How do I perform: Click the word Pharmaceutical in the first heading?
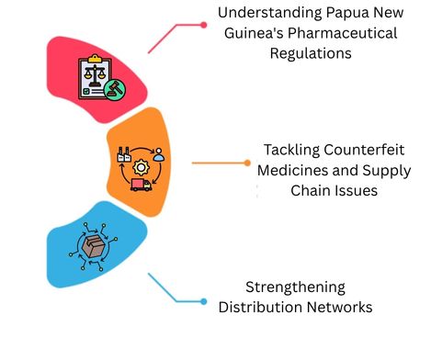coord(346,33)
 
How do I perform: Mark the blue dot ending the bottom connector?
coord(203,300)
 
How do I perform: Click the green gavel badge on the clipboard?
coord(117,89)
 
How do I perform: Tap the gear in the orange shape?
coord(142,168)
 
